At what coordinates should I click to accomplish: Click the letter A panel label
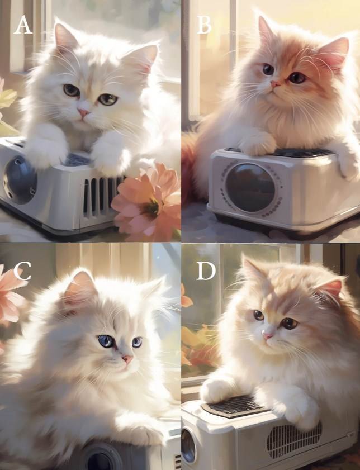[x=23, y=25]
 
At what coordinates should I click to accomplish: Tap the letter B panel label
[x=204, y=25]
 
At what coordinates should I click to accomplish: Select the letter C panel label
[x=22, y=271]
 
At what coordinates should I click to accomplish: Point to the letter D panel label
[x=206, y=271]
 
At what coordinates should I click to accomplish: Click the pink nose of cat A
[x=84, y=113]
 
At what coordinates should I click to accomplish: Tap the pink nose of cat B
[x=275, y=84]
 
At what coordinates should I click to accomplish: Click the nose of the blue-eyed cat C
[x=127, y=359]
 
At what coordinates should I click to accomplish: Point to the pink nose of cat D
[x=267, y=336]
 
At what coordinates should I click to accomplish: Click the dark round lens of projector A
[x=20, y=180]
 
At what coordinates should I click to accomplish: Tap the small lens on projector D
[x=188, y=445]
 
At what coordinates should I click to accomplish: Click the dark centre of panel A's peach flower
[x=151, y=208]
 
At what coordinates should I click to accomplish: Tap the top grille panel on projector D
[x=234, y=406]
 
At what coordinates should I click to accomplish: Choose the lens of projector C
[x=101, y=459]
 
